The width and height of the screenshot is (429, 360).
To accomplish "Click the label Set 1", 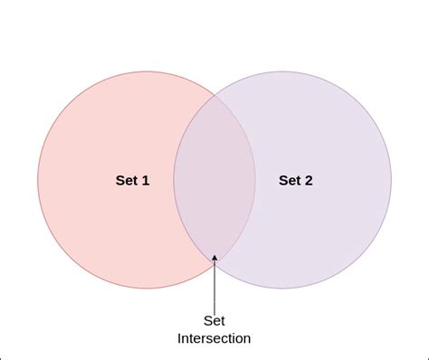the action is pos(132,180).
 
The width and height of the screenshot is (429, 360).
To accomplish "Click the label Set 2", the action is pos(296,180).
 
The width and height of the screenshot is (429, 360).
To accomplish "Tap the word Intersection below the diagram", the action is pos(214,338).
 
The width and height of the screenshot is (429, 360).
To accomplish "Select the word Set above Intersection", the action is pos(214,321).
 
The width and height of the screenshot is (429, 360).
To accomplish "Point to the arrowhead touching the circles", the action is pos(214,259).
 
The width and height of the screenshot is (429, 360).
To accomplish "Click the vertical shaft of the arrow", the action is pos(214,285).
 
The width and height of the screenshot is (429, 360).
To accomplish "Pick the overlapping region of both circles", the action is pos(214,180).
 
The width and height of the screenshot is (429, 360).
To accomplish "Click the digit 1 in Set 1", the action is pos(146,180).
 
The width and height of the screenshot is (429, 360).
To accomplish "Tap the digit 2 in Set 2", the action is pos(309,180).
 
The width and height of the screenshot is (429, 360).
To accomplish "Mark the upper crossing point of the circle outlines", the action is pos(214,92).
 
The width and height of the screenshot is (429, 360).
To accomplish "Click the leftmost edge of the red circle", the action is pos(38,180).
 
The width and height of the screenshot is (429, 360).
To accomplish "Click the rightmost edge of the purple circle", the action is pos(391,180).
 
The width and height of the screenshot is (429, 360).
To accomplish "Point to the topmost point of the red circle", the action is pos(147,71).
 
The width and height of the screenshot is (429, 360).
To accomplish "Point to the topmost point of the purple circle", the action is pos(282,71).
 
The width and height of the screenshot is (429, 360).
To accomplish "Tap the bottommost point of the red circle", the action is pos(147,289).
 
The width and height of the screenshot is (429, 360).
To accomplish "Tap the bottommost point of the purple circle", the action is pos(282,289).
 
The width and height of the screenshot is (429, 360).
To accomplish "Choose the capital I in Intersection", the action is pos(179,338).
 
